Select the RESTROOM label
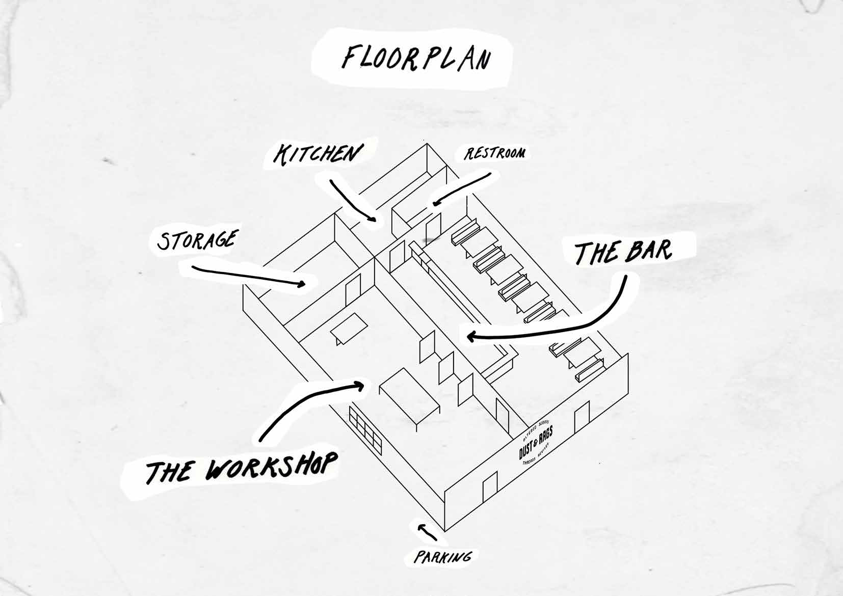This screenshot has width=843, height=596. pos(493,153)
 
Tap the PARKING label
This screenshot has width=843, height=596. pos(442,557)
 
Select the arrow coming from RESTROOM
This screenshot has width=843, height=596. pos(461,188)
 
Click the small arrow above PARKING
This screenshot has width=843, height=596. pos(427,531)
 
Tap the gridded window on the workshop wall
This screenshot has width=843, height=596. pos(365,431)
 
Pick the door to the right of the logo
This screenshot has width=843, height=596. pos(582,418)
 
